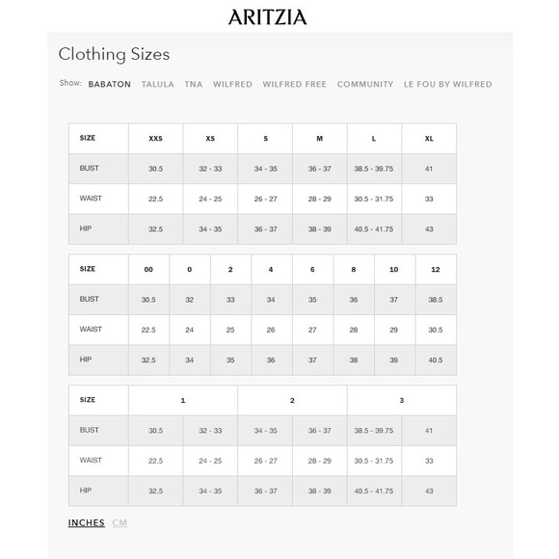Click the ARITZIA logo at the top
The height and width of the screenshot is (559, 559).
coord(267,16)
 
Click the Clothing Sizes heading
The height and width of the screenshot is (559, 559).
coord(114,55)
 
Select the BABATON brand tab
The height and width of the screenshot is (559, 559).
coord(109,85)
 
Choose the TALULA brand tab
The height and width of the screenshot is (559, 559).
coord(158,85)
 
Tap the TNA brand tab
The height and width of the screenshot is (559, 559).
coord(194,85)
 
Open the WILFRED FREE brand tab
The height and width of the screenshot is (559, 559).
coord(294,85)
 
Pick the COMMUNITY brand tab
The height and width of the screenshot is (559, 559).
coord(365,85)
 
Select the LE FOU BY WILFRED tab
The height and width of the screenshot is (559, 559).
coord(447,85)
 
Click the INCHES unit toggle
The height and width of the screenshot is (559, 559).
coord(87,523)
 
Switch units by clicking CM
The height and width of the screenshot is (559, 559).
coord(120,523)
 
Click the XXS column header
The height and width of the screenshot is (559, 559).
coord(155,139)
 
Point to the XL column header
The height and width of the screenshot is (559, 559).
coord(429,139)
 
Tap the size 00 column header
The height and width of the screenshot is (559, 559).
coord(148,270)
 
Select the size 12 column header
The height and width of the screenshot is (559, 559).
coord(436,270)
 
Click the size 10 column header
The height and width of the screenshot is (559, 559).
coord(394,270)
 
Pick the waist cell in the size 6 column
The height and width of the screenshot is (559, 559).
coord(312,330)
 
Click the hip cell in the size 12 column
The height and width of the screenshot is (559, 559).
coord(436,360)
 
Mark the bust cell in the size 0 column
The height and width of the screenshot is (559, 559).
coord(189,300)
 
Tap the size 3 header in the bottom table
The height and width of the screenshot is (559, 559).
coord(401,400)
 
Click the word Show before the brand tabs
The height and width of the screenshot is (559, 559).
coord(69,84)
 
